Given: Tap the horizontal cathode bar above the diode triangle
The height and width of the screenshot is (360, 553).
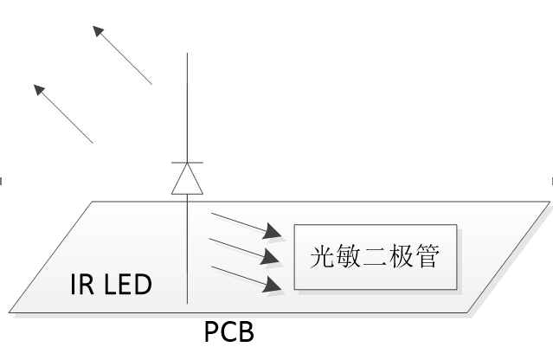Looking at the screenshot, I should pos(188,163).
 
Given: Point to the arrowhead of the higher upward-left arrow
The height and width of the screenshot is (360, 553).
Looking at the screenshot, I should pos(97,30).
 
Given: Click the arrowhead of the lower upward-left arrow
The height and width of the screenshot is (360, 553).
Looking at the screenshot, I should pos(37,88).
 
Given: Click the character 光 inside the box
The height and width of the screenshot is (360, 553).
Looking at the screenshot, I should pos(323,257).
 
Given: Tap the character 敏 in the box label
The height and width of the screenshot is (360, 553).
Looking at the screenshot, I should pos(350,257).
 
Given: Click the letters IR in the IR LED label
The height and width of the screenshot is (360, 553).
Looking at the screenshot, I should pos(80,285).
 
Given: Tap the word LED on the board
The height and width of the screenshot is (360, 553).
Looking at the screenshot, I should pos(126,285).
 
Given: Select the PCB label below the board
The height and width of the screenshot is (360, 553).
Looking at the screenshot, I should pos(229,331).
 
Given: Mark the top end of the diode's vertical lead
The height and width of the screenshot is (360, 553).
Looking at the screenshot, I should pos(188,55).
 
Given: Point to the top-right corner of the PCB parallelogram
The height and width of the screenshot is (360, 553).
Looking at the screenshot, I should pos(550,202).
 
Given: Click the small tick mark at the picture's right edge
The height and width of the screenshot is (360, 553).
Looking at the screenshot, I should pos(550,180).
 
